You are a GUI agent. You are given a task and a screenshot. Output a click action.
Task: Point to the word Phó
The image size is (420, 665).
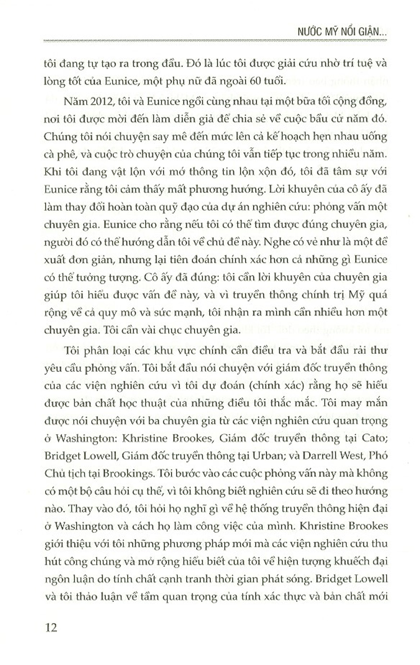[x=375, y=456]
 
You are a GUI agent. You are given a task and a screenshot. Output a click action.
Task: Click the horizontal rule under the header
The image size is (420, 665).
[x=214, y=41]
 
